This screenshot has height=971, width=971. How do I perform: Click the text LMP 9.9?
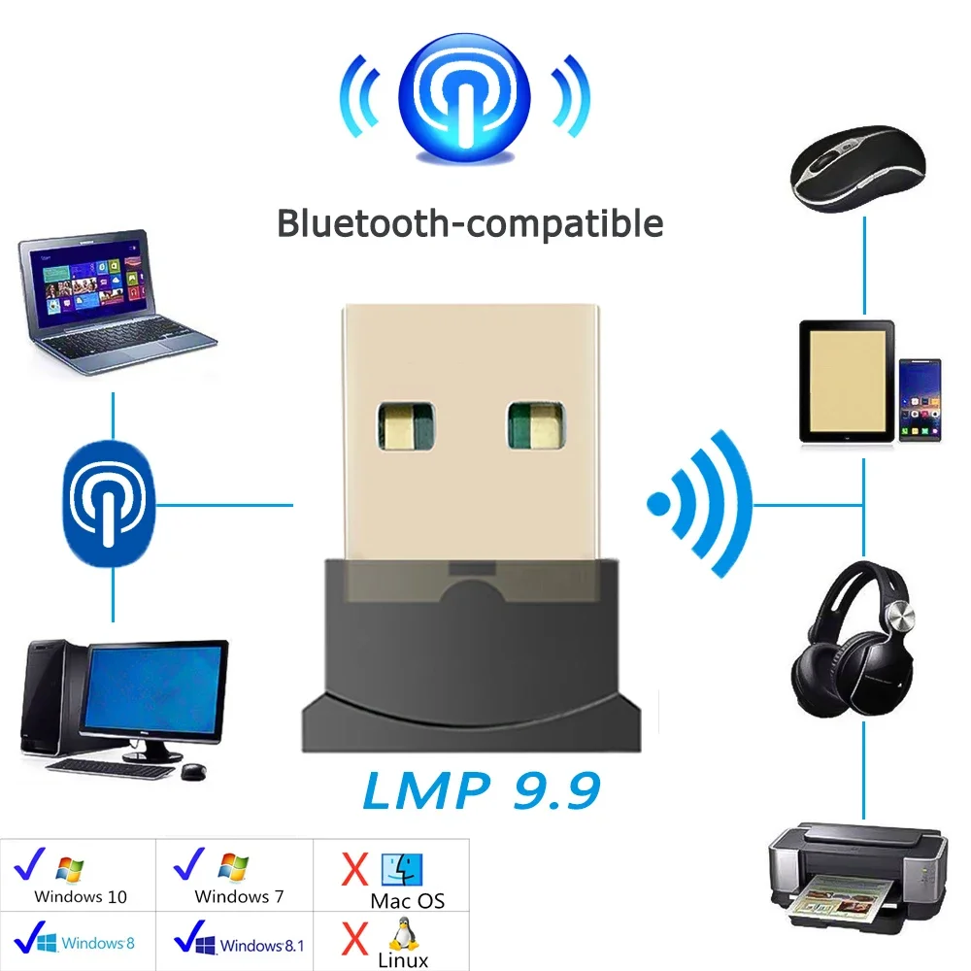coord(482,790)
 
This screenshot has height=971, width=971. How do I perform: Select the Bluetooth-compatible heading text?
coord(470,222)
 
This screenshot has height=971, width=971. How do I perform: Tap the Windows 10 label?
coord(80,896)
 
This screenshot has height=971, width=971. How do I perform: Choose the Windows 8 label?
coord(97,942)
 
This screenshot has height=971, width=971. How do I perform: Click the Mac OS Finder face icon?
coord(402,870)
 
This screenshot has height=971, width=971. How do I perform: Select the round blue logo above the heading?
coord(465,93)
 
